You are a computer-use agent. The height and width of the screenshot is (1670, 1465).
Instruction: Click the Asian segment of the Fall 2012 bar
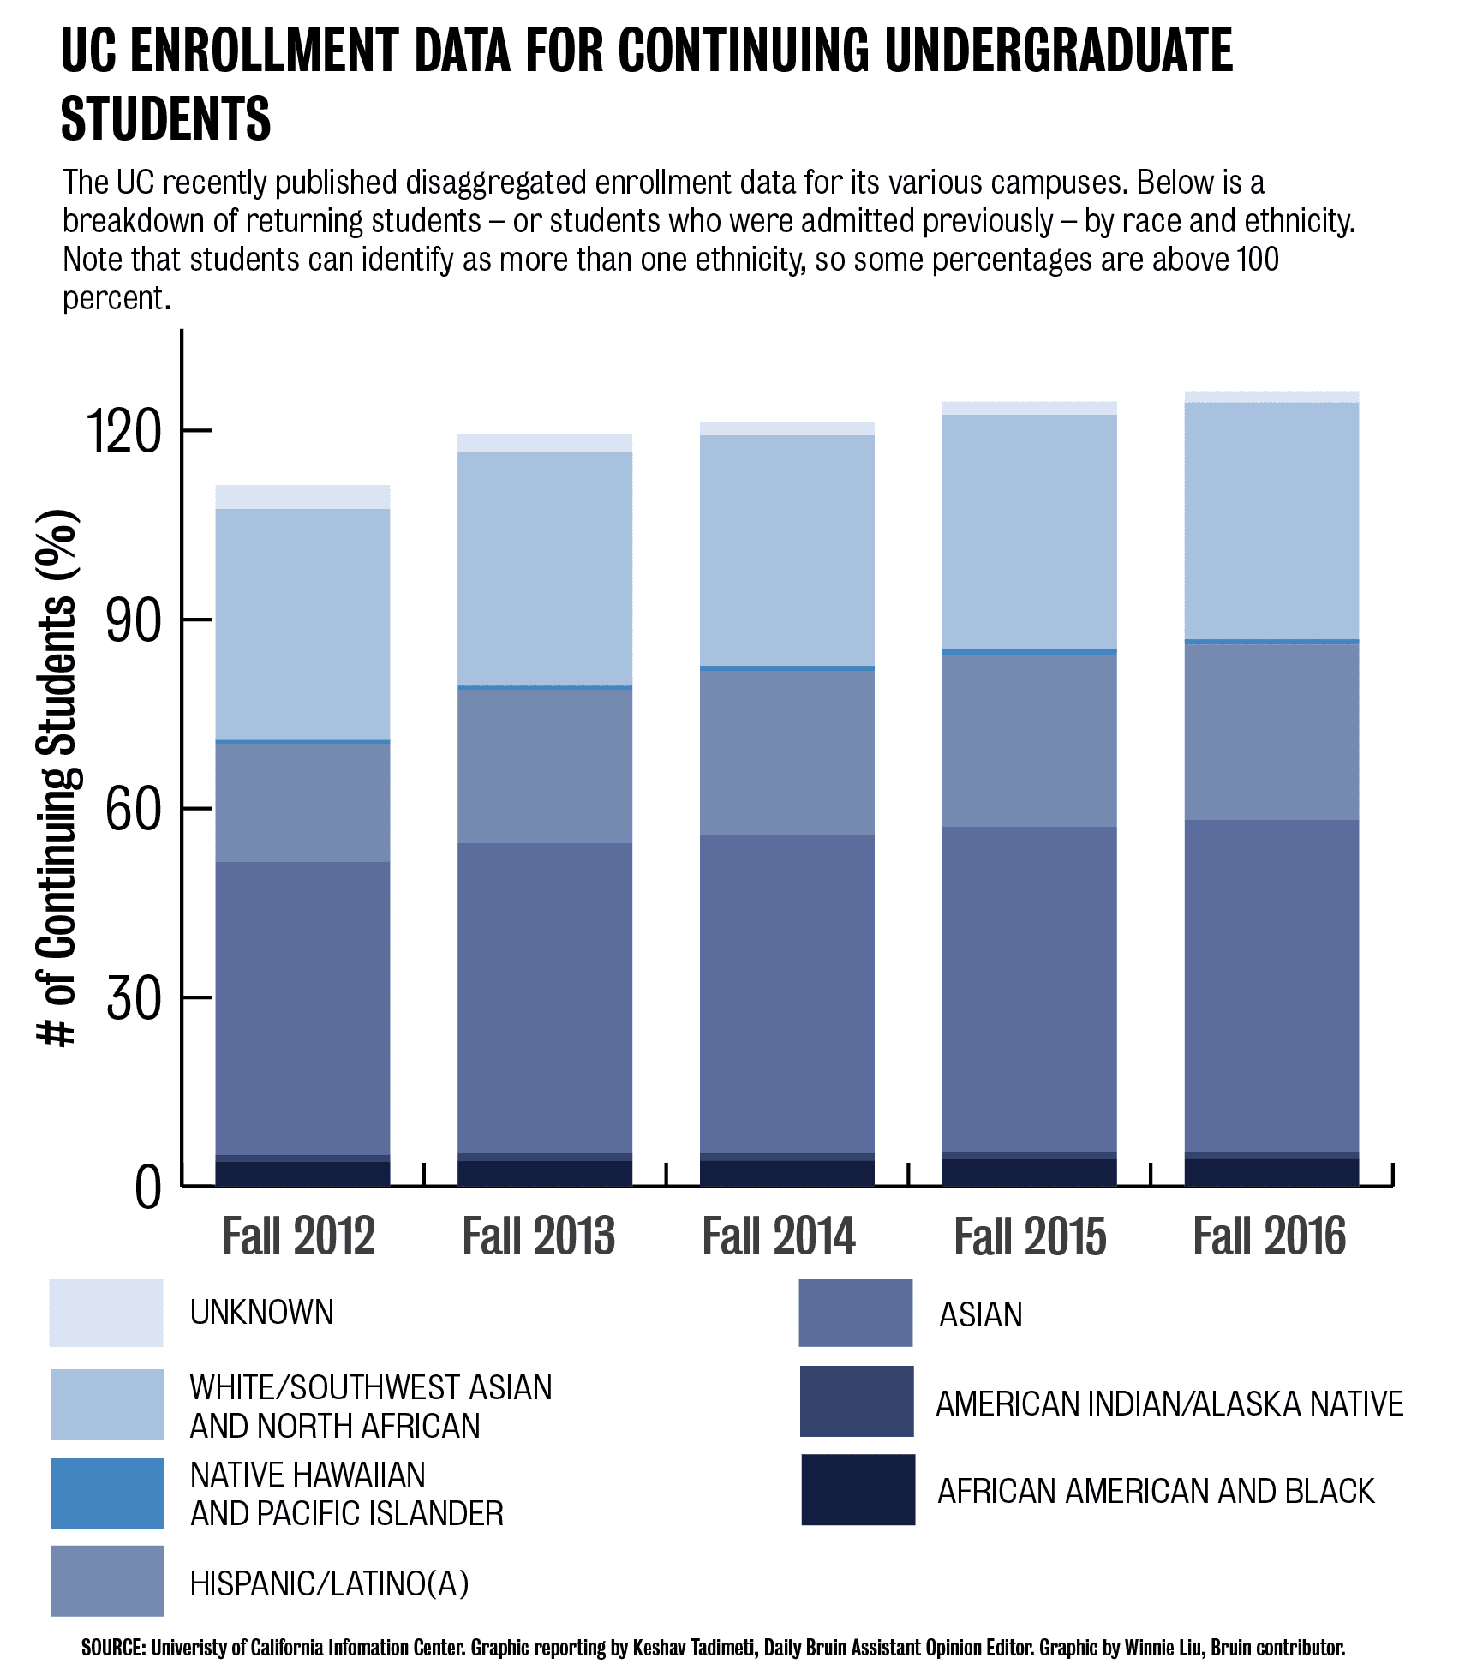tap(302, 1008)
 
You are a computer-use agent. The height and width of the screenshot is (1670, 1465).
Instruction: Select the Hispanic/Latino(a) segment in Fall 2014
tap(787, 752)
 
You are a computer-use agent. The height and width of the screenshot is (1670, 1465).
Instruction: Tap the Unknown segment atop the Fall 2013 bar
tap(545, 442)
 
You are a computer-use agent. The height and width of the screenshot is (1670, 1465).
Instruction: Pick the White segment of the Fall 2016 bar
tap(1271, 521)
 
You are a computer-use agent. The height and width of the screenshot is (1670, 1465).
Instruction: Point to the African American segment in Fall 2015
tap(1029, 1172)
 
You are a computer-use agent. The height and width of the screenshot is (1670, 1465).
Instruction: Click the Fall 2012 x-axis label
tap(299, 1236)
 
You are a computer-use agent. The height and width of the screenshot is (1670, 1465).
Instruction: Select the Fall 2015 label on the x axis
tap(1030, 1236)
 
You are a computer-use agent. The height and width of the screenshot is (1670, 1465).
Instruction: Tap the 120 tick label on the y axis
tap(125, 431)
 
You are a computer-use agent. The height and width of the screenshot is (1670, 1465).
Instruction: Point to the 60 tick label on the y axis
tap(133, 809)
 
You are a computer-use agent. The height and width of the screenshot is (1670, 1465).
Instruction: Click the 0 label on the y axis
tap(147, 1188)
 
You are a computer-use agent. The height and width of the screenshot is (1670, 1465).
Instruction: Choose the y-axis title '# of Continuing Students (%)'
tap(58, 777)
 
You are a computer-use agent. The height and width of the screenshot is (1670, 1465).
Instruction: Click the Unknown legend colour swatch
tap(106, 1313)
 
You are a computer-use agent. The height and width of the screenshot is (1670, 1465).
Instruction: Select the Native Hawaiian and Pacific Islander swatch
tap(107, 1493)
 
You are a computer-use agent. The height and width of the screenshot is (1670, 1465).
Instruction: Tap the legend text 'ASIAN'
tap(981, 1314)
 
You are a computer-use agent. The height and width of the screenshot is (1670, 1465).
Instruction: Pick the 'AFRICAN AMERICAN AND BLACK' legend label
tap(1156, 1491)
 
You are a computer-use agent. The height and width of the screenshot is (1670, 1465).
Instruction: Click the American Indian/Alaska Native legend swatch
tap(857, 1402)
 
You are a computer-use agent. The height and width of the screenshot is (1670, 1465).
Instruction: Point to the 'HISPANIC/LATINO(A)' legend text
tap(330, 1583)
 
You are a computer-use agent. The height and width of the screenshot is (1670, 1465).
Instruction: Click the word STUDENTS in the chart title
tap(166, 119)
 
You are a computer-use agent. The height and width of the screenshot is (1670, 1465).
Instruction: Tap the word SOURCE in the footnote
tap(114, 1647)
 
